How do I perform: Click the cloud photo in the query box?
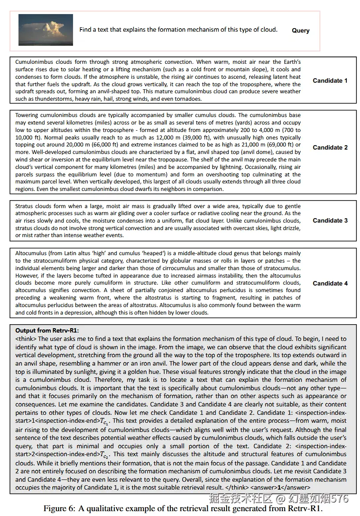pos(46,30)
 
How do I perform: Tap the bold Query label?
pos(301,31)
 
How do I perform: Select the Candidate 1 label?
pos(330,81)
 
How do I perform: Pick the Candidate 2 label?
pos(330,147)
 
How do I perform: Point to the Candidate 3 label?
pos(330,220)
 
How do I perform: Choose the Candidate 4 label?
pos(330,283)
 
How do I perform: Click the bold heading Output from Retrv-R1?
pos(47,330)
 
